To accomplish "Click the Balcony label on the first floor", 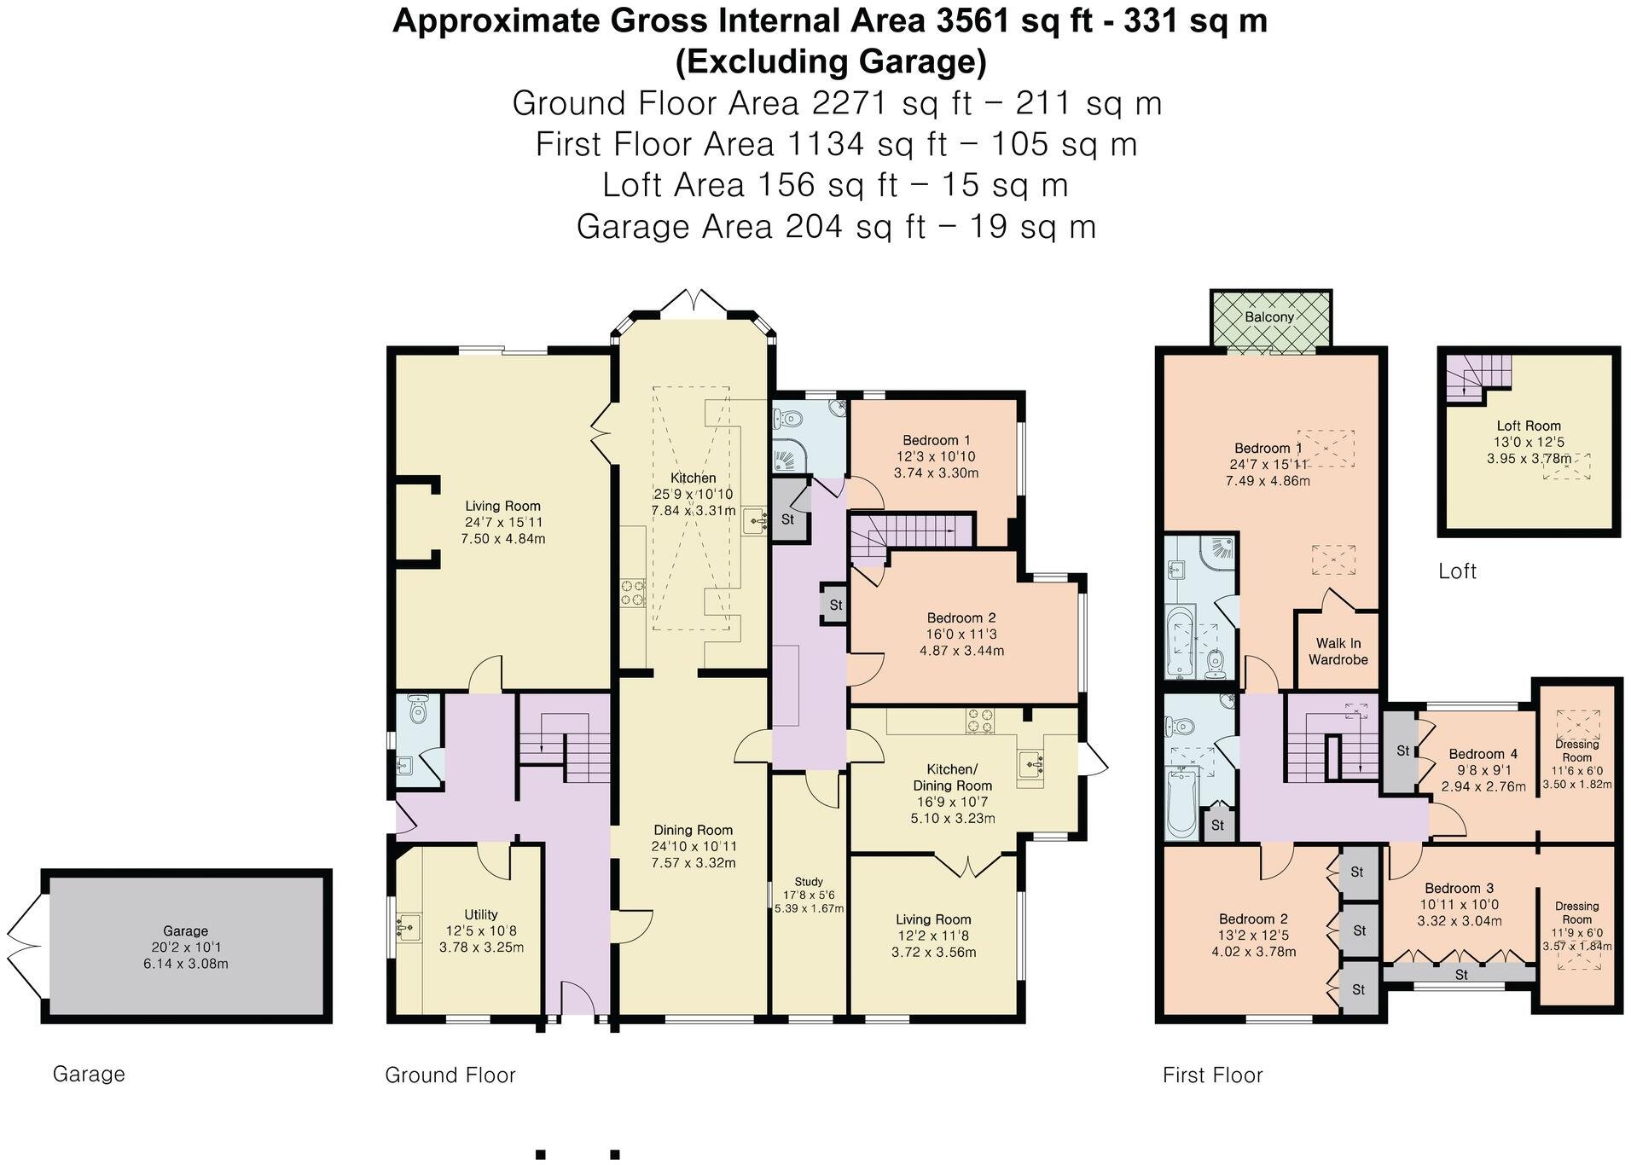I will coord(1268,316).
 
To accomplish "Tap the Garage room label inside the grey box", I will coord(185,931).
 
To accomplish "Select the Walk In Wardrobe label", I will coord(1338,652).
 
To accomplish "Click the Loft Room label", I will coord(1529,426).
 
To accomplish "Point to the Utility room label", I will coord(481,914).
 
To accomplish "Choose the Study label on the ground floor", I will coord(809,882).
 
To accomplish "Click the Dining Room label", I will coord(693,830).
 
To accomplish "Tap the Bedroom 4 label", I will coord(1483,754).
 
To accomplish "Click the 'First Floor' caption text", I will coord(1212,1075).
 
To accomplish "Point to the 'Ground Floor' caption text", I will coord(450,1075).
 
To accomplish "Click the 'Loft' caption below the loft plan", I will coord(1457,571).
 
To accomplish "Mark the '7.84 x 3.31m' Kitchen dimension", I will coord(693,511).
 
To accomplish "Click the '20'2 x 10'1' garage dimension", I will coord(185,948).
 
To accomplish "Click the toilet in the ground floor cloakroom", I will coord(418,710).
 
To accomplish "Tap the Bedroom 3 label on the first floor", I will coord(1459,889).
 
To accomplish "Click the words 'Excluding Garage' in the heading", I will coord(831,62).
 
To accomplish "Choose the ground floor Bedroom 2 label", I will coord(961,618).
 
